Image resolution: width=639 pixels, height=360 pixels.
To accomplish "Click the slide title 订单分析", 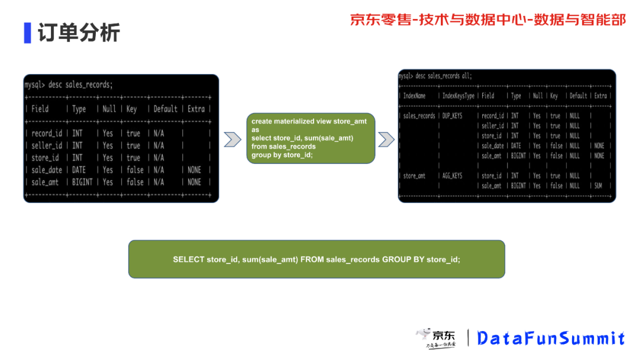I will click(x=79, y=32).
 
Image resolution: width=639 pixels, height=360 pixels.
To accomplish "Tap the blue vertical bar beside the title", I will click(x=27, y=33).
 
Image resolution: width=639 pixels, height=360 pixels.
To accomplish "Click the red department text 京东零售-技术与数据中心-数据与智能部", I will click(x=488, y=20).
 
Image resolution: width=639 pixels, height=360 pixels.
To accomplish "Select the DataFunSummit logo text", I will click(x=551, y=338).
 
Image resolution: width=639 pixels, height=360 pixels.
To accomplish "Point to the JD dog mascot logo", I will click(x=424, y=335).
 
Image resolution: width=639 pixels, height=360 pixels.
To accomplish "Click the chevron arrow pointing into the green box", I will click(x=232, y=139).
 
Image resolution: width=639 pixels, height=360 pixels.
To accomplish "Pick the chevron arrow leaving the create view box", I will click(x=386, y=139).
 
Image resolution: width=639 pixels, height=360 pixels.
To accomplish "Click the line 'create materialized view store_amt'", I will click(x=309, y=121).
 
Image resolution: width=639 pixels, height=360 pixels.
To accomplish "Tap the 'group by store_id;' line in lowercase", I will click(x=282, y=155).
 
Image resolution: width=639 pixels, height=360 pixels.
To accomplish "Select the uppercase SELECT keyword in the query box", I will click(x=188, y=259).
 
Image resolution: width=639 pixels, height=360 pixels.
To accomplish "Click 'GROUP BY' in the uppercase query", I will click(x=403, y=259).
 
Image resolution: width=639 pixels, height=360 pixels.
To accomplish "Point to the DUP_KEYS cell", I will click(x=452, y=116).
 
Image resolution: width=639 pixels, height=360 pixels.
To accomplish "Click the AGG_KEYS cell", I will click(x=452, y=176).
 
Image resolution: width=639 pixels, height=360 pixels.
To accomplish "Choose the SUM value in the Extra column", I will click(x=598, y=186).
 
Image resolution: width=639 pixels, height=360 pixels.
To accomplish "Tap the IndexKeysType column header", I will click(x=458, y=95).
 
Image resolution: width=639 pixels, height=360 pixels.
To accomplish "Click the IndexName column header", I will click(x=414, y=95).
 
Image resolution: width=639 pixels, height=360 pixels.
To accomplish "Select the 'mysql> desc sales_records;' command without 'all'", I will click(x=69, y=85).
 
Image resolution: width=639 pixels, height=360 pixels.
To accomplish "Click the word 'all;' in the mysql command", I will click(x=466, y=76).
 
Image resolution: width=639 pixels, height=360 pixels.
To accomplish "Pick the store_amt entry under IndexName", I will click(x=414, y=176).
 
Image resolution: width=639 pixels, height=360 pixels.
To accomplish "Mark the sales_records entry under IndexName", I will click(x=419, y=116).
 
